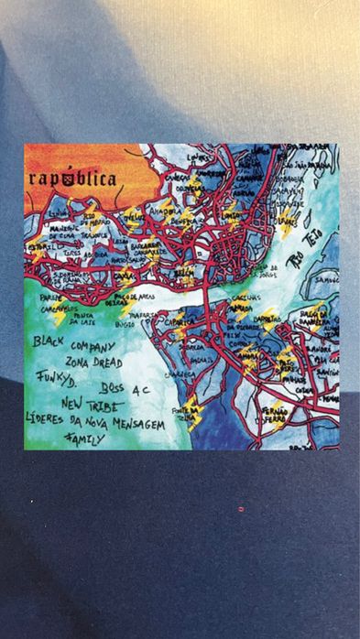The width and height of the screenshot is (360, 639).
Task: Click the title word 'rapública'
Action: pos(72,179)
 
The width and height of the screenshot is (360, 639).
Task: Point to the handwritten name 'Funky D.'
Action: pos(58,378)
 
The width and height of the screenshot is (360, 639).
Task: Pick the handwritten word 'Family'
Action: pos(84,439)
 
